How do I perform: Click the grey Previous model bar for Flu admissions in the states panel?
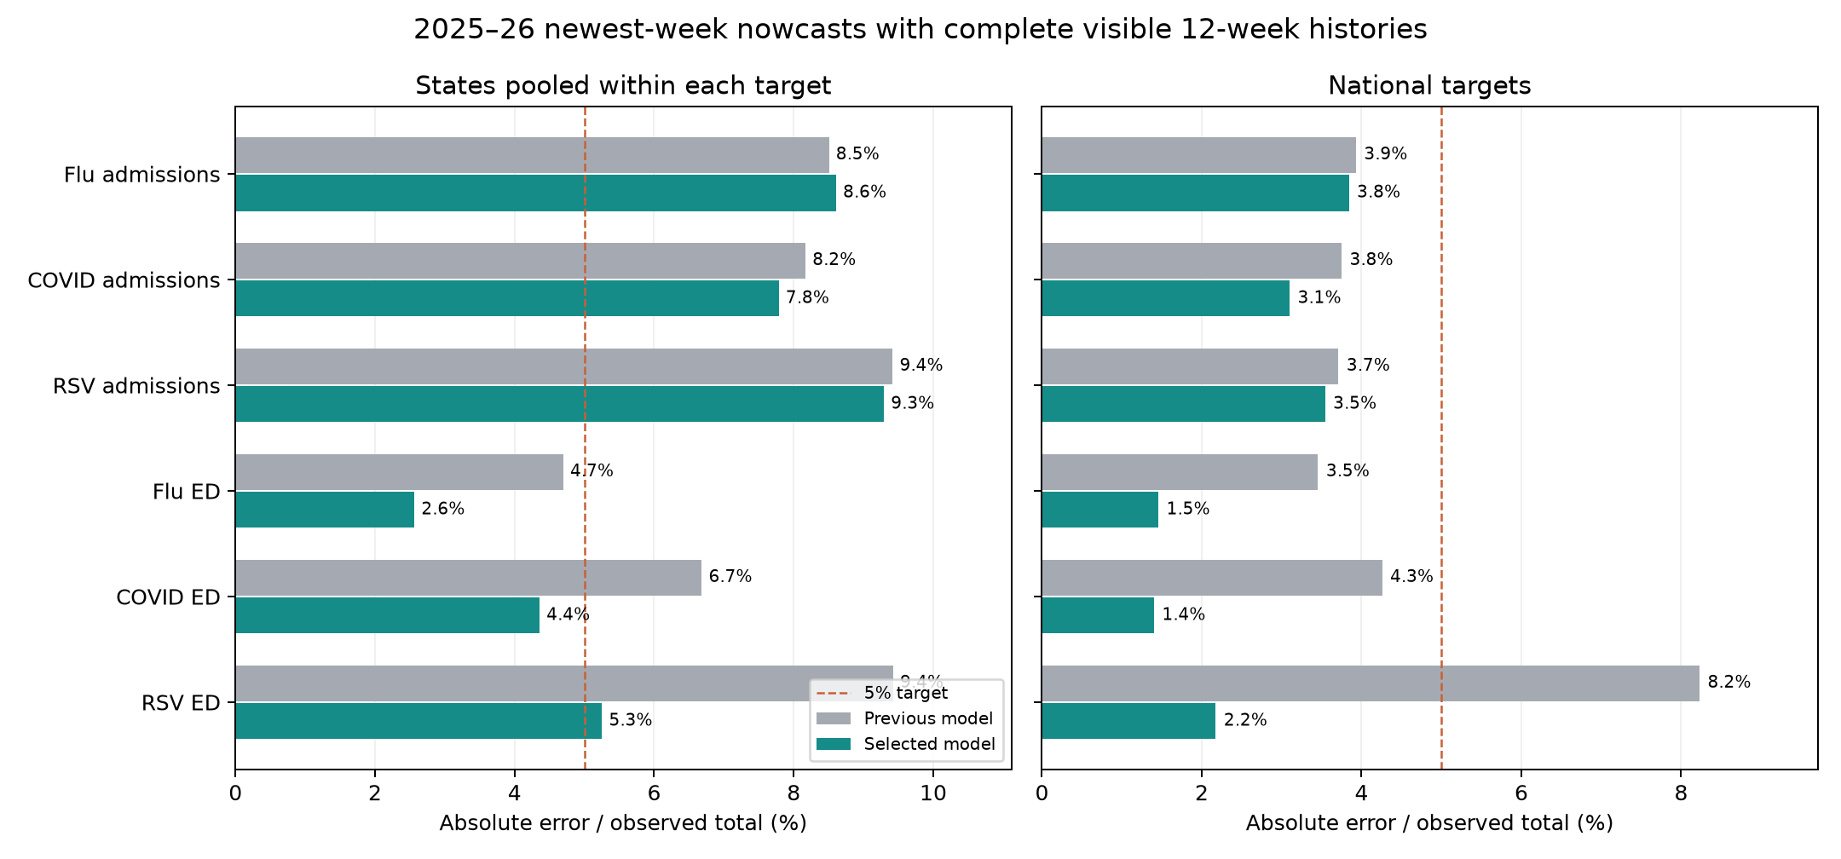(x=532, y=155)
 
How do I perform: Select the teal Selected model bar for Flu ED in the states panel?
(x=325, y=510)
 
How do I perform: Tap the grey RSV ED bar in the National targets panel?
(x=1371, y=683)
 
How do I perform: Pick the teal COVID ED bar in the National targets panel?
(x=1098, y=615)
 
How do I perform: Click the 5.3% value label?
(x=631, y=720)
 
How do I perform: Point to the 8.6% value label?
(x=865, y=192)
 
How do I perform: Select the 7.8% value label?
(x=807, y=297)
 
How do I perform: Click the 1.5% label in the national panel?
(x=1188, y=509)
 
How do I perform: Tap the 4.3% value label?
(x=1411, y=576)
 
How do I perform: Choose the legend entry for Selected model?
(x=906, y=744)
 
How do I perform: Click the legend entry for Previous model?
(x=905, y=718)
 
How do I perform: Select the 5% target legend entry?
(x=882, y=693)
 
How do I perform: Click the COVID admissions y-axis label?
(x=124, y=280)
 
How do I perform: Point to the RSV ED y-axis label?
(x=181, y=703)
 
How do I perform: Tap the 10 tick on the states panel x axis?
(x=933, y=793)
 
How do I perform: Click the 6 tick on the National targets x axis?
(x=1521, y=793)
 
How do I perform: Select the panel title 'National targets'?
(x=1429, y=86)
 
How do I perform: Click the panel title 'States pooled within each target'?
(x=623, y=86)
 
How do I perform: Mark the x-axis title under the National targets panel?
(x=1429, y=823)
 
